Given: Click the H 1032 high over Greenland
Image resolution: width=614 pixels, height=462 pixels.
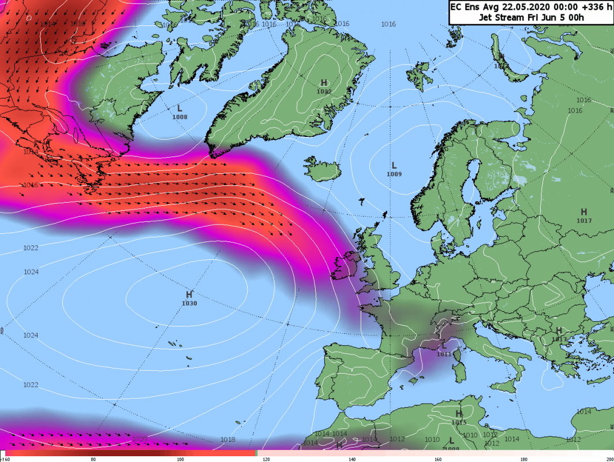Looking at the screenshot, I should coord(324,87).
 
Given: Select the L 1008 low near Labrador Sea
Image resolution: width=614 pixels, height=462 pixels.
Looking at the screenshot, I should coord(179,112).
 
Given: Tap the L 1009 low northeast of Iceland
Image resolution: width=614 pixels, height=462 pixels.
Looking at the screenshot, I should coord(394,169).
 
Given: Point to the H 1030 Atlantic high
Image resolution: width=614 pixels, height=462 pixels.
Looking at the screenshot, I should coord(189,299).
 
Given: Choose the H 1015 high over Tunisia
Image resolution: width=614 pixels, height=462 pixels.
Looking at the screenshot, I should coord(459,417).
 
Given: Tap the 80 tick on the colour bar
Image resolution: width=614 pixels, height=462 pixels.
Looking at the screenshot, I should coord(93,459).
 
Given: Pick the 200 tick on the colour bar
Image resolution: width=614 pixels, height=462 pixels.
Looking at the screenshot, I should coord(609,459).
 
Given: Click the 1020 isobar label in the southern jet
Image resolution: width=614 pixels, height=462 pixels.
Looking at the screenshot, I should coord(140,439).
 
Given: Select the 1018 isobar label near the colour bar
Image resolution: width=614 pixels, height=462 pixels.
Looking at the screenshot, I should coord(228,439).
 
